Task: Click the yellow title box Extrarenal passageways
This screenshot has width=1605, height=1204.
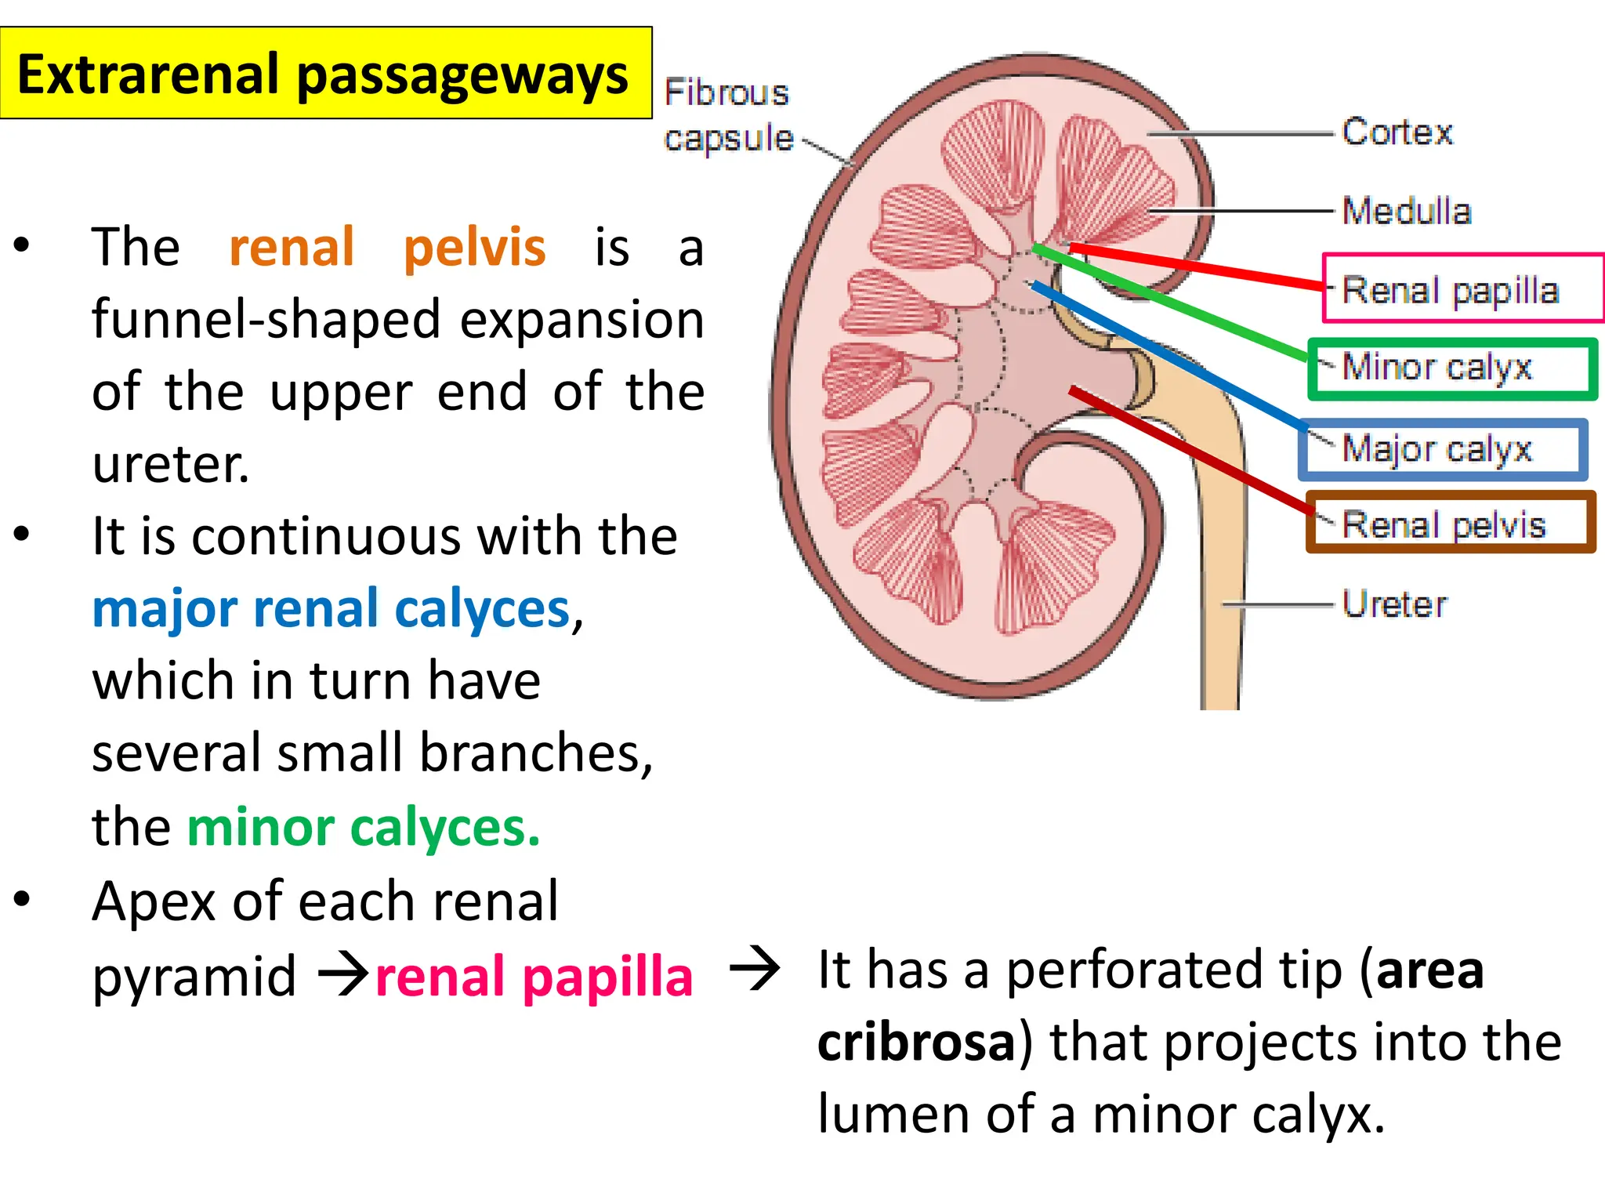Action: point(325,74)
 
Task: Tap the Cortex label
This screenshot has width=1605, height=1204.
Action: point(1397,132)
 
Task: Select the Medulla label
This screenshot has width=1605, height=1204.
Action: point(1406,211)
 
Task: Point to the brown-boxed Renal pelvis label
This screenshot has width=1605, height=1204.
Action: point(1444,524)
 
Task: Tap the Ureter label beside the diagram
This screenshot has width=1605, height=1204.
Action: point(1395,604)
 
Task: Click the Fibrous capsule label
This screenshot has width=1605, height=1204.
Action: point(727,115)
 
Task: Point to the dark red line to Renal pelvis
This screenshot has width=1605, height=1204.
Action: point(1191,451)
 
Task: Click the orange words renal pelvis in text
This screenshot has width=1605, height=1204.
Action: point(387,248)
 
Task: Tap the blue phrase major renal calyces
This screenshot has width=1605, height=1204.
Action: point(331,609)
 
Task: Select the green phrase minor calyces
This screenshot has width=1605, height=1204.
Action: point(364,827)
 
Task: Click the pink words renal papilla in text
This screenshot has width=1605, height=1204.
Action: point(534,977)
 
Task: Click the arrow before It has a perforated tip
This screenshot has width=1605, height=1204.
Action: point(754,970)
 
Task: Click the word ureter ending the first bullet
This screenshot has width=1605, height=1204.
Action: point(170,465)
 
